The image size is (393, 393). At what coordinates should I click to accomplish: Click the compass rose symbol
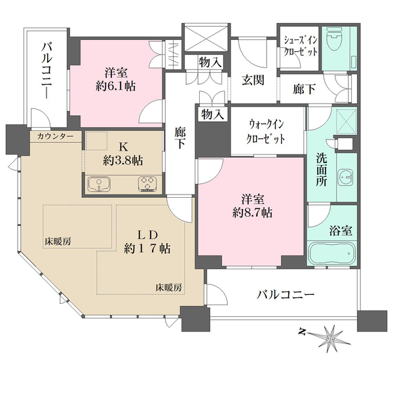click(x=331, y=337)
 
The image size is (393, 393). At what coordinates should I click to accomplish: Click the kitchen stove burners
click(x=147, y=184)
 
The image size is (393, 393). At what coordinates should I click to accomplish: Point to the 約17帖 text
click(x=148, y=248)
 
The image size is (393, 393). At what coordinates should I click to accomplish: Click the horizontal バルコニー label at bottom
click(x=286, y=294)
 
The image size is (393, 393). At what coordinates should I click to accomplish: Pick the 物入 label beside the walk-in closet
click(x=214, y=114)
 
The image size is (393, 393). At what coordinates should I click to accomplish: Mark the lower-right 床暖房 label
click(x=168, y=287)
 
